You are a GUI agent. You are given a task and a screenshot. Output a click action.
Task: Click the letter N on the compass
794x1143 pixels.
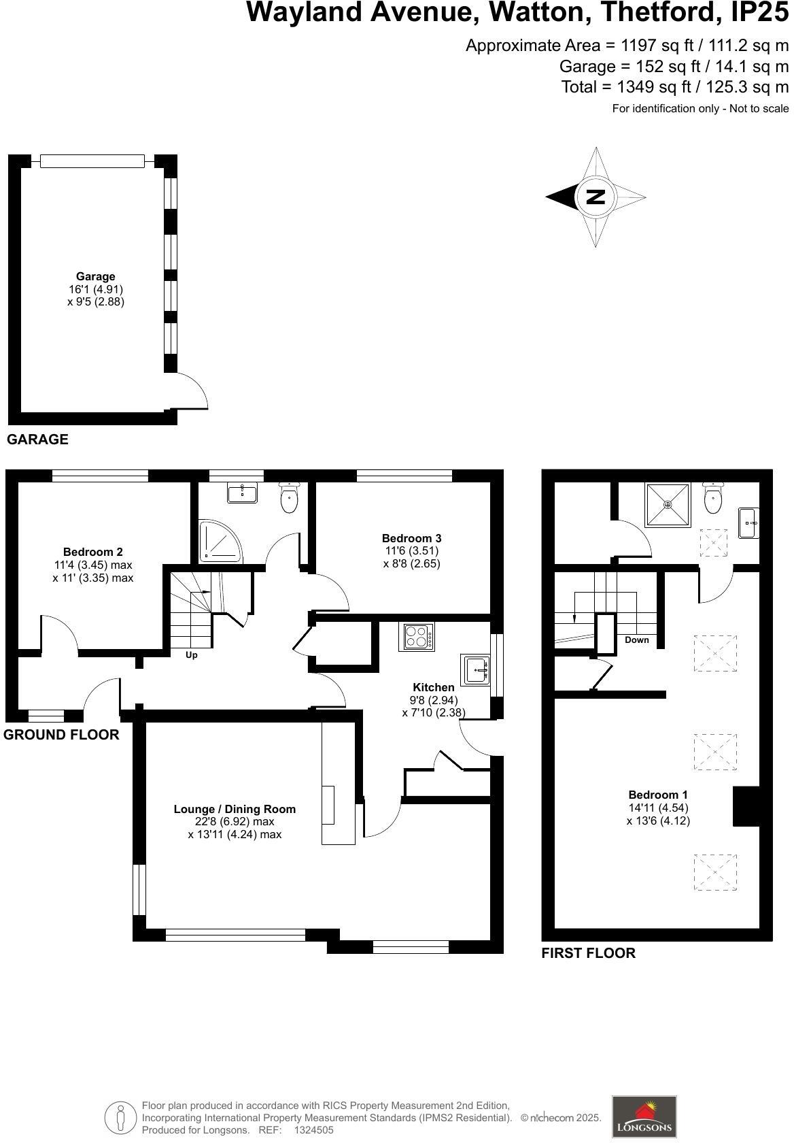click(x=595, y=197)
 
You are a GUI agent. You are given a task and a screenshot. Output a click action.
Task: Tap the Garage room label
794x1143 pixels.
click(x=95, y=277)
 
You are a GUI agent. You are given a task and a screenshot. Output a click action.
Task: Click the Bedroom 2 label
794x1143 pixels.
click(x=92, y=552)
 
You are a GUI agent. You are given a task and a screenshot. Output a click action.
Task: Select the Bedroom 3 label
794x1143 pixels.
click(x=411, y=538)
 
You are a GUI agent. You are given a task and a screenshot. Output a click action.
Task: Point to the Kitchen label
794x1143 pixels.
click(x=433, y=687)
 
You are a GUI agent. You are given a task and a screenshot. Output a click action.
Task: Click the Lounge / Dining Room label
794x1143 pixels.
click(x=235, y=809)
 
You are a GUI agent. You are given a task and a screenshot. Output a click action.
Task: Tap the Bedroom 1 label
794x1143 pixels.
click(x=657, y=795)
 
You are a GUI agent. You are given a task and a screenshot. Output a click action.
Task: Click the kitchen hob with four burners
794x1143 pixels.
click(x=418, y=637)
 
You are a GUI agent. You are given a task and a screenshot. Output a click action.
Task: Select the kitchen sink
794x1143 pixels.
click(x=476, y=669)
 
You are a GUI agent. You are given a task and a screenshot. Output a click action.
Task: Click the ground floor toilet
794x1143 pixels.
click(x=289, y=498)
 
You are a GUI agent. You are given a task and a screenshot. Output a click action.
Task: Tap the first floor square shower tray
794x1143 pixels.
click(x=668, y=504)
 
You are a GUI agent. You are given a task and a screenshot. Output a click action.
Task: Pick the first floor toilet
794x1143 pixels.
click(x=713, y=498)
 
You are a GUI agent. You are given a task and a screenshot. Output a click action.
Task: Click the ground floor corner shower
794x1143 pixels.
click(x=219, y=542)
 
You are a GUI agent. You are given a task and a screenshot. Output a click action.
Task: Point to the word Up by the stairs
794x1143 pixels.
click(x=192, y=655)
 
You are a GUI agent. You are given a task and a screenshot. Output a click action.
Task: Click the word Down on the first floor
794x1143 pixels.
click(x=637, y=640)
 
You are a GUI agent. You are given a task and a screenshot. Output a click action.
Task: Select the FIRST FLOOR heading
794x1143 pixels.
click(x=588, y=953)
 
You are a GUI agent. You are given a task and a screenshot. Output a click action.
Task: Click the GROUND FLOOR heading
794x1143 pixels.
click(x=61, y=735)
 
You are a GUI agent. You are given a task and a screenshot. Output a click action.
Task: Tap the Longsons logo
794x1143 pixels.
click(x=644, y=1116)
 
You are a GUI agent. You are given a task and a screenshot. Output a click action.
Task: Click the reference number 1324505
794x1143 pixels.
click(x=313, y=1130)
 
